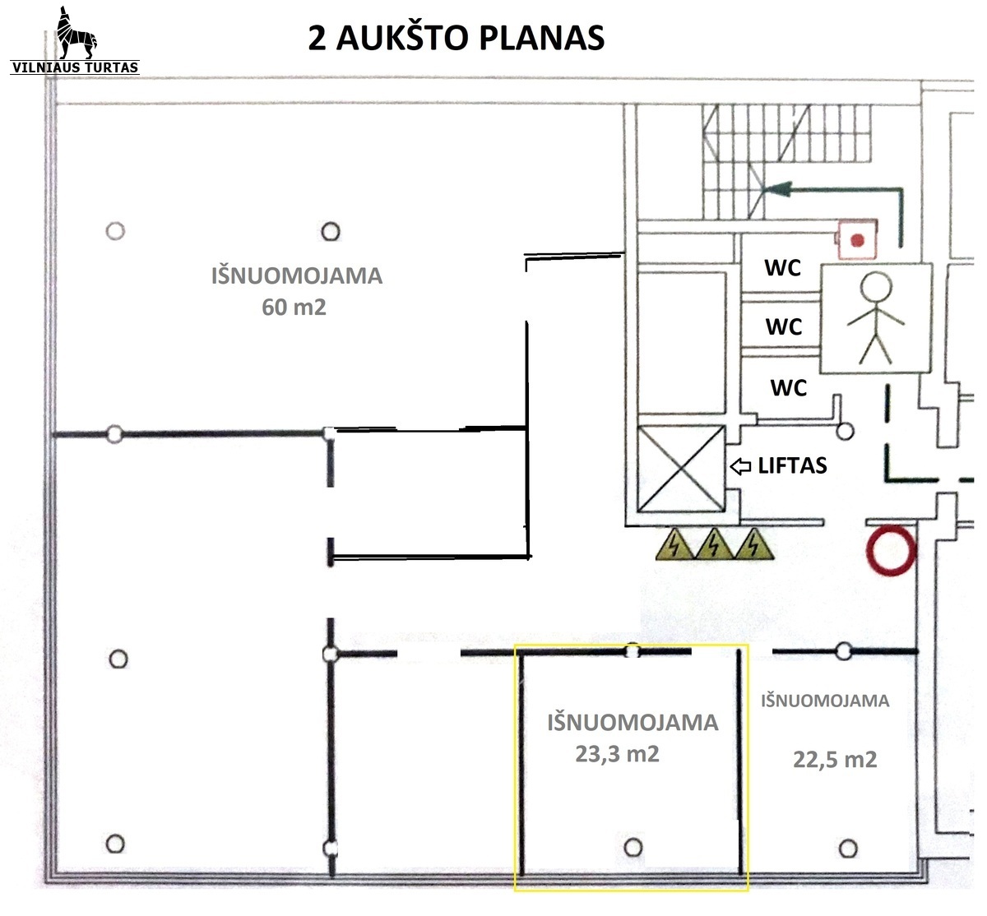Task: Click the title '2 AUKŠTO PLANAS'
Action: [456, 38]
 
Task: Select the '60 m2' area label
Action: [294, 308]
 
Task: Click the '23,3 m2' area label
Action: [617, 753]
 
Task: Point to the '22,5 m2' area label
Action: [835, 759]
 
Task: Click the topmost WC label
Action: [782, 267]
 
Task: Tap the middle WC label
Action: [783, 326]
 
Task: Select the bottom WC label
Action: [788, 386]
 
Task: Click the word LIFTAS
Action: [792, 465]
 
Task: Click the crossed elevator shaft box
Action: [681, 469]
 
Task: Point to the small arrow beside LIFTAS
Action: [740, 466]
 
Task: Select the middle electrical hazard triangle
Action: [714, 544]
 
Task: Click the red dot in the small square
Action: [858, 240]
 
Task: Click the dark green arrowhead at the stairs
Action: [773, 191]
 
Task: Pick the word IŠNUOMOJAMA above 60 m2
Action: [296, 275]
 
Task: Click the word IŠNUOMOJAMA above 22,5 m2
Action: [825, 701]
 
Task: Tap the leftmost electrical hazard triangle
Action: [674, 544]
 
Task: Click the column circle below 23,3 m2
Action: [633, 846]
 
